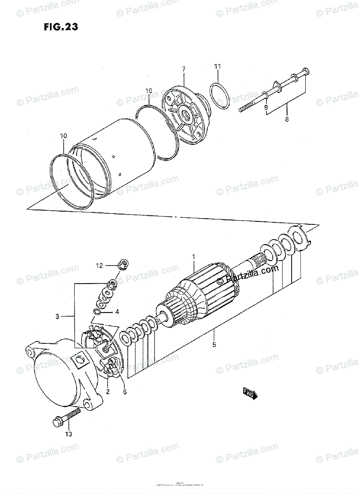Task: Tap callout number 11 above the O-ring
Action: [x=217, y=67]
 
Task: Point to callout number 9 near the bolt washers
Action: [x=266, y=107]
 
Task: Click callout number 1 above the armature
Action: [x=193, y=257]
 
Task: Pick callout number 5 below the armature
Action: [x=214, y=345]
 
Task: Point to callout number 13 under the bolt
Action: [x=68, y=434]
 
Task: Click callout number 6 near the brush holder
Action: [x=124, y=391]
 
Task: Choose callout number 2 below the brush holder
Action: [x=108, y=391]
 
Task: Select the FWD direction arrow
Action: [x=250, y=394]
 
